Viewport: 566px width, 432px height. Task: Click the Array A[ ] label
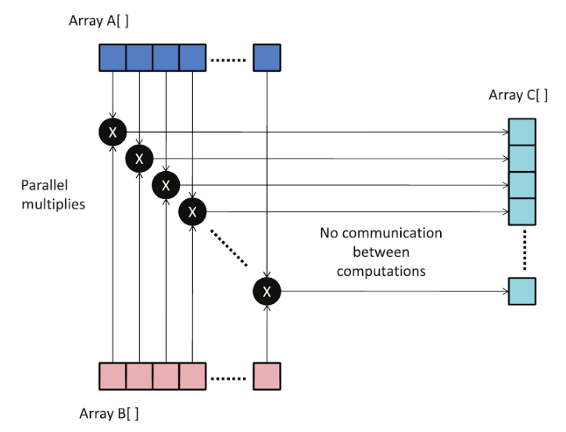99,21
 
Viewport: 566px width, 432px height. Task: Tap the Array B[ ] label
109,413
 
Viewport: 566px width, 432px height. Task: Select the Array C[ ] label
518,95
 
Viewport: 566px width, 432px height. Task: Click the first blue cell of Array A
113,58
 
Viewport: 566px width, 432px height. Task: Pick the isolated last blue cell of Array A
267,58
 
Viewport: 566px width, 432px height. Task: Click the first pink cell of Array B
113,376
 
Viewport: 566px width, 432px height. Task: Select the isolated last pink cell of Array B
267,376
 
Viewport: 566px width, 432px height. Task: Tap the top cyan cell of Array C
522,132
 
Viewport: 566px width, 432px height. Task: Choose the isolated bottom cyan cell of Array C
522,291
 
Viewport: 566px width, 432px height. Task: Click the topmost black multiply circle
113,132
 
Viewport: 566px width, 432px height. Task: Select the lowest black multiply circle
267,291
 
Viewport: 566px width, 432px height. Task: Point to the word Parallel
45,185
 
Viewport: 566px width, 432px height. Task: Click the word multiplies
53,205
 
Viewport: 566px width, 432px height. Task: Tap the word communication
392,233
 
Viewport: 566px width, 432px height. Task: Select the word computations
382,272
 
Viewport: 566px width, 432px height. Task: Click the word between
382,252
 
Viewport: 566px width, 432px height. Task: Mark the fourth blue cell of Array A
193,58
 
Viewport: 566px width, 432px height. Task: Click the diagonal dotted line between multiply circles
229,248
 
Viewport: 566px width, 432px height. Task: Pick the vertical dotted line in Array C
525,250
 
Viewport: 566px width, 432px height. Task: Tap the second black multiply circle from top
139,159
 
